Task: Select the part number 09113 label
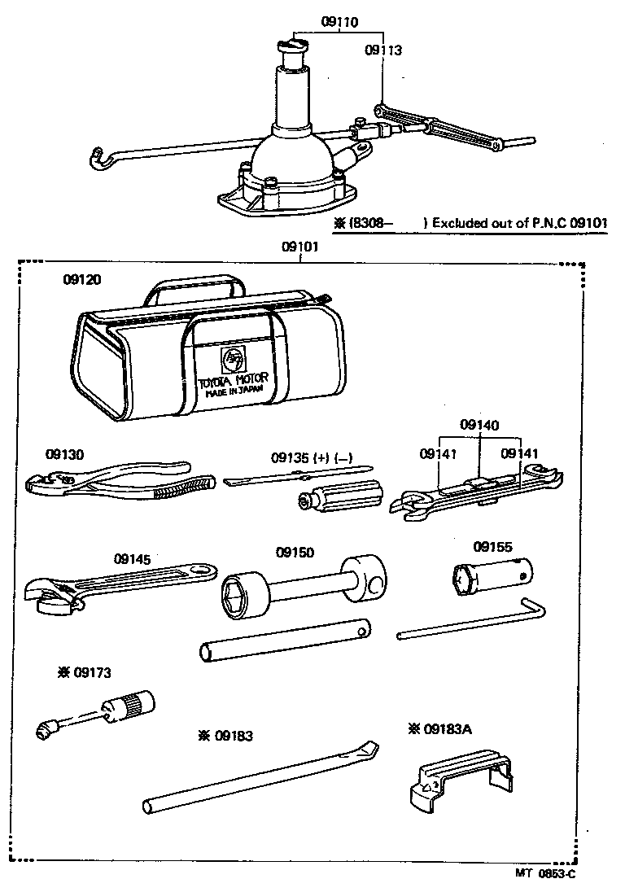pyautogui.click(x=383, y=50)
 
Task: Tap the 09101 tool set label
pyautogui.click(x=299, y=247)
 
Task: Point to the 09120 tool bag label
pyautogui.click(x=82, y=279)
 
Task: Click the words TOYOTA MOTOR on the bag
pyautogui.click(x=234, y=379)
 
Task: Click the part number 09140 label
pyautogui.click(x=479, y=425)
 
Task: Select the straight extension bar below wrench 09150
pyautogui.click(x=284, y=641)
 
